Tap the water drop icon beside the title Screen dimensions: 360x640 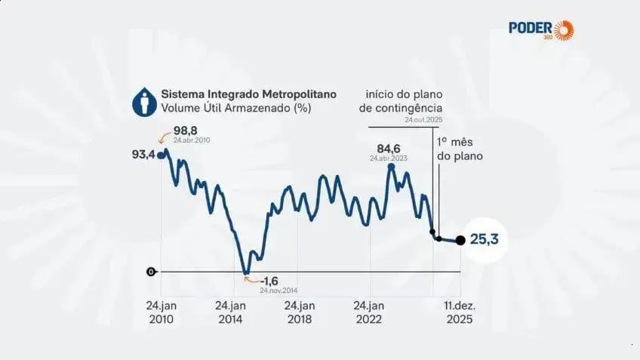click(x=146, y=101)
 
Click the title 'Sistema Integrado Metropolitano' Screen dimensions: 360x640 click(x=248, y=94)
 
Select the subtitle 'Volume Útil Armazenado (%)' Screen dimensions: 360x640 click(x=235, y=109)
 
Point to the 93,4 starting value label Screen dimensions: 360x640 click(x=143, y=155)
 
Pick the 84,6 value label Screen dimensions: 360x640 click(x=389, y=148)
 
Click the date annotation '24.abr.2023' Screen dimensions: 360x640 click(x=389, y=158)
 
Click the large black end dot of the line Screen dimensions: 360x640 click(x=460, y=241)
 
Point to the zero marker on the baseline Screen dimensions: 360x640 click(x=151, y=271)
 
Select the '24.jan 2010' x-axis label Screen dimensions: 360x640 click(x=161, y=312)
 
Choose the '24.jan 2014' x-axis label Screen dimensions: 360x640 click(x=230, y=312)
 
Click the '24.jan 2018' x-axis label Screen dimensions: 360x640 click(x=300, y=312)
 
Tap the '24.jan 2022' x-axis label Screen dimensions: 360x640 click(x=369, y=312)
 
